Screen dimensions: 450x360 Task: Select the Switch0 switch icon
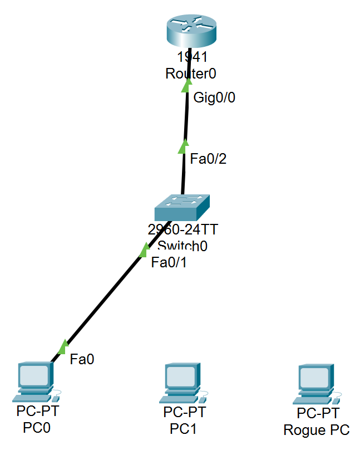183,208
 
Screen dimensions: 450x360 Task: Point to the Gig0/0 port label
214,98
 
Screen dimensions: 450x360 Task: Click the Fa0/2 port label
208,159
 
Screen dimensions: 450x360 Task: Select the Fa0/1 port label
169,262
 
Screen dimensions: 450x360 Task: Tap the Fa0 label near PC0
82,360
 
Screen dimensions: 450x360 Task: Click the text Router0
190,73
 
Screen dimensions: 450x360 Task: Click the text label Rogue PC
317,429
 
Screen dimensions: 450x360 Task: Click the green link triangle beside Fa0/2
183,146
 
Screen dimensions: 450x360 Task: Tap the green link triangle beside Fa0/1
145,250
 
